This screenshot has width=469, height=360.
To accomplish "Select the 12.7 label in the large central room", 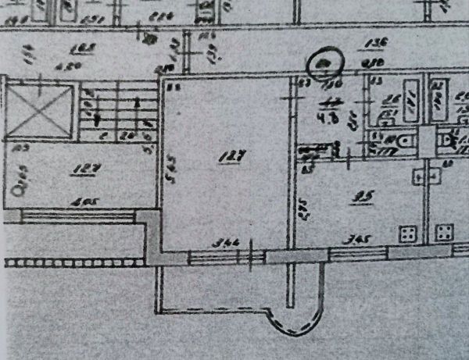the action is point(227,157).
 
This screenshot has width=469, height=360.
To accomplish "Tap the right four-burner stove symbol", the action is point(444,233).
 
